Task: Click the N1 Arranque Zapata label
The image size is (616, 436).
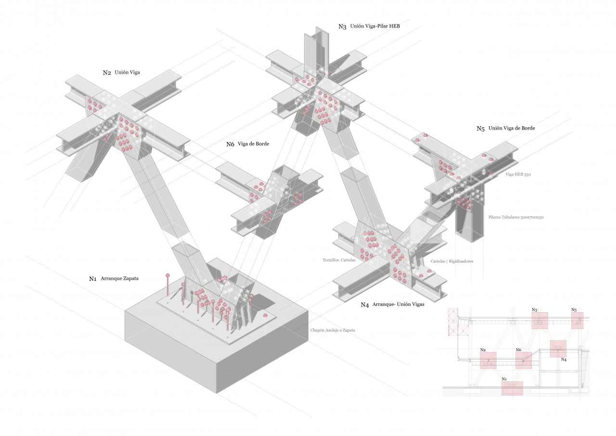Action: [x=114, y=278]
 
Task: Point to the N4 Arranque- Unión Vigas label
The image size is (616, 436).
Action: [x=393, y=304]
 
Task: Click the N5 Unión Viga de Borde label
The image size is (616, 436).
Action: [x=506, y=129]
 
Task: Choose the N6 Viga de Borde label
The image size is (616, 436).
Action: [x=248, y=144]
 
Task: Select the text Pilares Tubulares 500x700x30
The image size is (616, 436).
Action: [x=515, y=217]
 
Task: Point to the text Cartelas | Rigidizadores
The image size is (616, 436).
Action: [x=452, y=261]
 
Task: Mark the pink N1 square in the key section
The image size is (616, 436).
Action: [x=512, y=388]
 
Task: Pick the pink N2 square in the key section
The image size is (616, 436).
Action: [x=488, y=360]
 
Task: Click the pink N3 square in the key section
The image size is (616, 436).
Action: [x=539, y=320]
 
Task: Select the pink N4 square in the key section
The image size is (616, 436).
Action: [x=558, y=348]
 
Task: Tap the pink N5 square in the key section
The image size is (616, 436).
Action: [x=577, y=320]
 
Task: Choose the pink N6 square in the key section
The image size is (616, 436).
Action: [x=524, y=360]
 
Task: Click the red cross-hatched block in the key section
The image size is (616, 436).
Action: [x=452, y=322]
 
